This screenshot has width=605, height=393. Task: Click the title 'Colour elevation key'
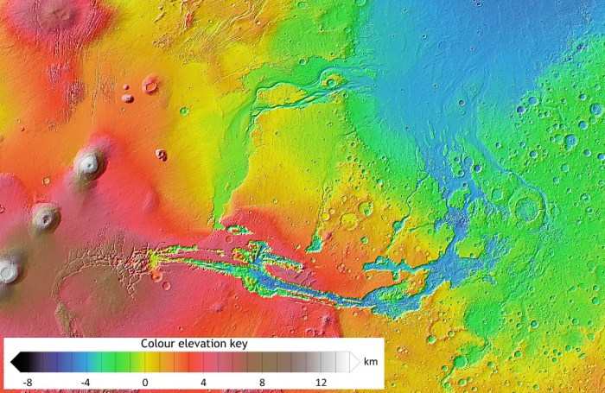194,344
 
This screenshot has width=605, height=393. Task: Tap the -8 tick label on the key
28,382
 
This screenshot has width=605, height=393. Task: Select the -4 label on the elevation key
86,382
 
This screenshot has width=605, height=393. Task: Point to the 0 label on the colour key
145,382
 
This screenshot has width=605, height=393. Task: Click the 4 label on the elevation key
204,382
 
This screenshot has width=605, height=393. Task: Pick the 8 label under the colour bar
263,382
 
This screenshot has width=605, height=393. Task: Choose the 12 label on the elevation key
322,382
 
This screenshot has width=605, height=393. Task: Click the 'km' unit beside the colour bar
371,361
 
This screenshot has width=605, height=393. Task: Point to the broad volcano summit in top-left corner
59,12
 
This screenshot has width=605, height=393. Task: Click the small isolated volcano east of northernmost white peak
161,155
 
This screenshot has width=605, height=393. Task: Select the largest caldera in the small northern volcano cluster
150,85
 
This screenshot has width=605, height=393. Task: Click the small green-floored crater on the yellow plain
184,111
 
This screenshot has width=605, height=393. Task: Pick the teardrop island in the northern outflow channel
331,83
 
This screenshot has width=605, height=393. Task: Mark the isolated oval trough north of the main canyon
238,230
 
